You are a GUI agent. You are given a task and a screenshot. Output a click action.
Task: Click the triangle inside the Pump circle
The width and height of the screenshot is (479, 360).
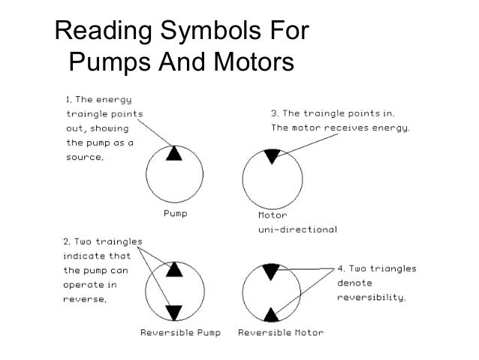point(174,153)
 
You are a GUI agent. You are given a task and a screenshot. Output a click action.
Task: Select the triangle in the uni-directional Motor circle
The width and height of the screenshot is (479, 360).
point(271,156)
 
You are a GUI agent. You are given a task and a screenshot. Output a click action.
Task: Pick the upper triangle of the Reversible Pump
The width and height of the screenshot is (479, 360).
point(174,269)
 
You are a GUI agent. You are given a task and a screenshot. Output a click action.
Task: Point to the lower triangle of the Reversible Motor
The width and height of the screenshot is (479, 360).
point(271,311)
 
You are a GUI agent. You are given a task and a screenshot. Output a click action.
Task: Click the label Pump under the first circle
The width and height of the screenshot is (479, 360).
point(176,213)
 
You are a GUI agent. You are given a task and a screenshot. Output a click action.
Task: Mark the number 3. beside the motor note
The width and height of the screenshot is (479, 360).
point(275,113)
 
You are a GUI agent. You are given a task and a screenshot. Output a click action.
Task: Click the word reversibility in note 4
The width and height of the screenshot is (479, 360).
point(372,297)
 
